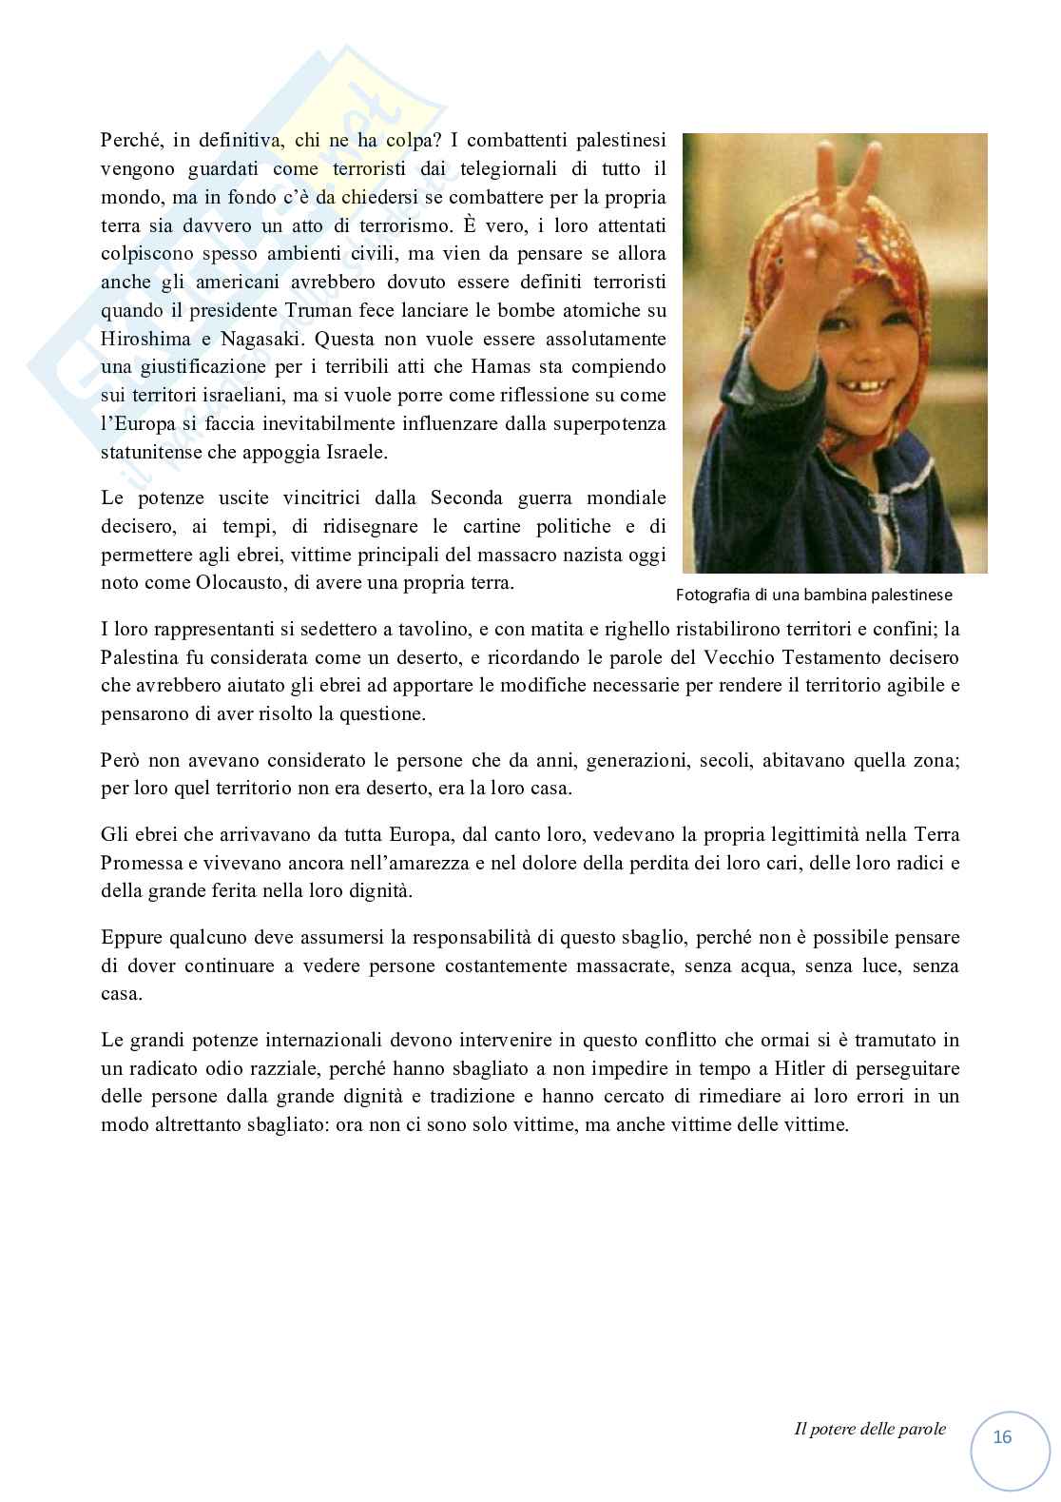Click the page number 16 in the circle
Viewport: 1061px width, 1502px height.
pyautogui.click(x=1002, y=1437)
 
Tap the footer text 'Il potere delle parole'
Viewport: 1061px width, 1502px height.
pyautogui.click(x=869, y=1429)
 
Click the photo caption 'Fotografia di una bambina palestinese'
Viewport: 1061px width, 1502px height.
pyautogui.click(x=814, y=595)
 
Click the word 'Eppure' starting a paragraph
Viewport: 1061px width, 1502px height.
pyautogui.click(x=131, y=937)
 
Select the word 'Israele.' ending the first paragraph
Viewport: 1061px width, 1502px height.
pyautogui.click(x=356, y=453)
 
